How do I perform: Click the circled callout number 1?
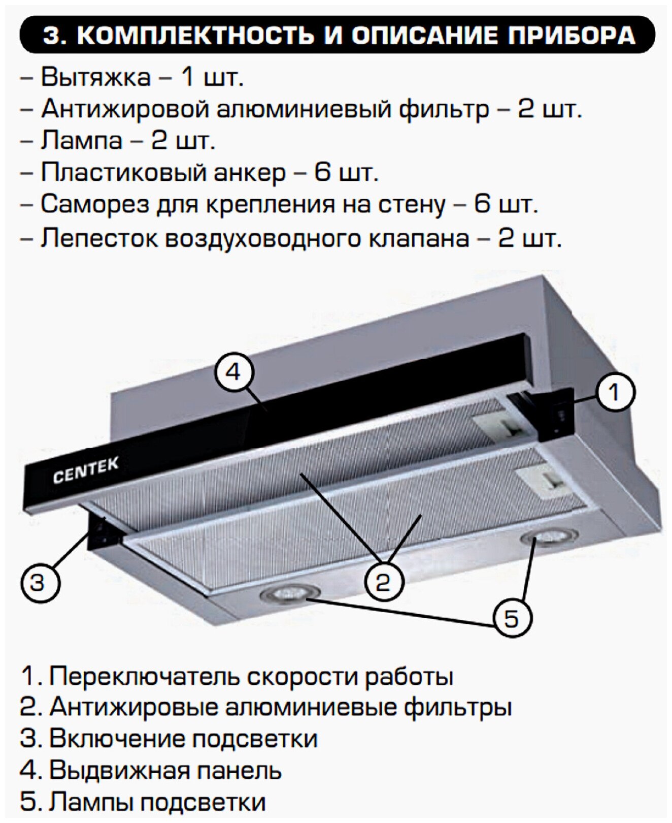click(614, 393)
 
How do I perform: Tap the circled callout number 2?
click(383, 581)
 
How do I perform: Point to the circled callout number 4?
click(233, 372)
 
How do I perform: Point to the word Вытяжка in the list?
click(95, 78)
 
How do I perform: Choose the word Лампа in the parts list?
click(82, 141)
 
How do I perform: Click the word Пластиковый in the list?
click(121, 173)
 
